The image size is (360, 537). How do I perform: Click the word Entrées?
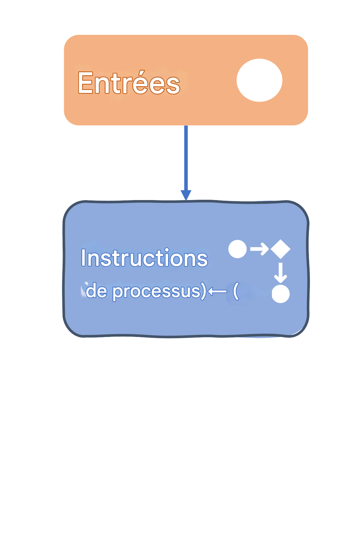129,83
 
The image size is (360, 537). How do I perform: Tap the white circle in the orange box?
259,80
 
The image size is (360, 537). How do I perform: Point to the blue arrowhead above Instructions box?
186,195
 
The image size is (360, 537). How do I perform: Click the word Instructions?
144,258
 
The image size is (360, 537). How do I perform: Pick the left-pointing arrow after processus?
217,292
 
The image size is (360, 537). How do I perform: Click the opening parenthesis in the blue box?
236,291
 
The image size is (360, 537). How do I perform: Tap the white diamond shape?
280,249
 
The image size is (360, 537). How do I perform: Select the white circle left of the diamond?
237,249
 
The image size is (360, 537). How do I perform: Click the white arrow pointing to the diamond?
259,249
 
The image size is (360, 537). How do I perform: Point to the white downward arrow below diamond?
280,273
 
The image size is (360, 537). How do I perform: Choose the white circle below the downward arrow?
281,294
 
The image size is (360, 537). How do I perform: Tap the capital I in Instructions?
83,258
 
